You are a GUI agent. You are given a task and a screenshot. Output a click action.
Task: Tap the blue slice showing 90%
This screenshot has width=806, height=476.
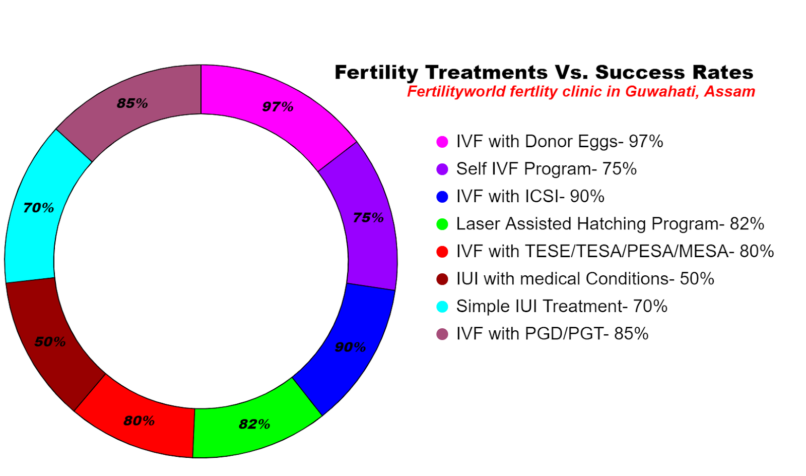click(348, 348)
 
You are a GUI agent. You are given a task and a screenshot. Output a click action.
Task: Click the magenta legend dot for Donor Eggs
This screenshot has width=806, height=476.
click(442, 142)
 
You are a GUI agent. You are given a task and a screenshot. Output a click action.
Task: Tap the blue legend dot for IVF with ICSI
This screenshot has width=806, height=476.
click(442, 197)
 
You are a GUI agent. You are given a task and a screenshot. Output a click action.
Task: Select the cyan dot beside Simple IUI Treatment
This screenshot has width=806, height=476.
click(442, 307)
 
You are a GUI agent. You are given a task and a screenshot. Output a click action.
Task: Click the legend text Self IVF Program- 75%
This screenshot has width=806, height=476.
click(546, 169)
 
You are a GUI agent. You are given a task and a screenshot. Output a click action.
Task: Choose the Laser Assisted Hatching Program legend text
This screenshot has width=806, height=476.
click(610, 224)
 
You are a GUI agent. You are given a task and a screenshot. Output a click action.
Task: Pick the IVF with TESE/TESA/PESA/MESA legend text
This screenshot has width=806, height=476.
click(615, 251)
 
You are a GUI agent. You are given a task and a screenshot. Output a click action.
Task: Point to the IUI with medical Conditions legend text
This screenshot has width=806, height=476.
click(585, 279)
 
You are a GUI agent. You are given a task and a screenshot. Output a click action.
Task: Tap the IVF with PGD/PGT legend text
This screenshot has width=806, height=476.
click(552, 334)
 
